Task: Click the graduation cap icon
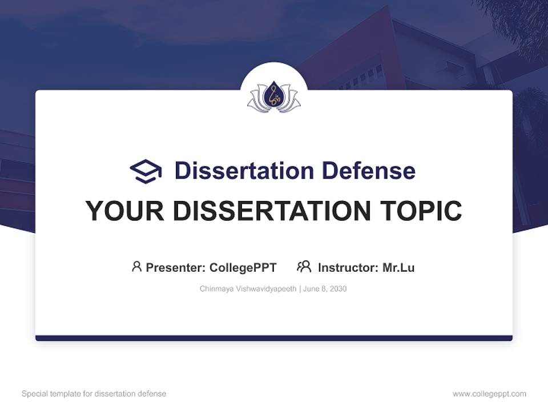146,171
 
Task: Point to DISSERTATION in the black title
272,211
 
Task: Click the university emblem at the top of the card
274,97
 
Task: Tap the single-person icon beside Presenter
136,267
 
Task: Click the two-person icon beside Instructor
304,267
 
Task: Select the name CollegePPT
243,267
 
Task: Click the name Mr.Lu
398,267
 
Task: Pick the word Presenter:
176,267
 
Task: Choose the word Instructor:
348,267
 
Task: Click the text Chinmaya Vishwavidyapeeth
248,289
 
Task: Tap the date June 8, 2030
325,289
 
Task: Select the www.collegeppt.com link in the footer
489,394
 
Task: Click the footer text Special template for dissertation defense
94,394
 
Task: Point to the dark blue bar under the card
274,338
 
